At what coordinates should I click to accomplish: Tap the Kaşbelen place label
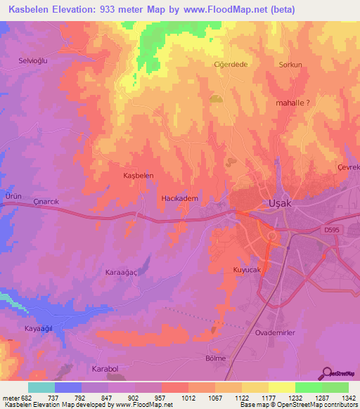[138, 175]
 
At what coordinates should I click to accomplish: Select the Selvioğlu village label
[32, 61]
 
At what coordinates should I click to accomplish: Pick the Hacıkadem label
[180, 199]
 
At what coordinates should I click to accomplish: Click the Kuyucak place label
[247, 270]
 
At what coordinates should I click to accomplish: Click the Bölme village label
[215, 358]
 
